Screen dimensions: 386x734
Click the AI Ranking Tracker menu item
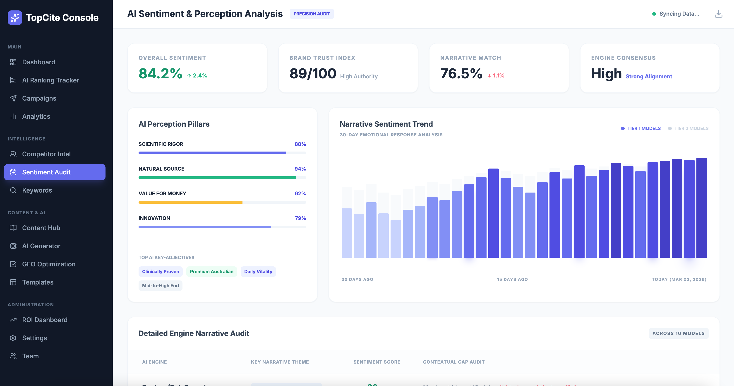[x=50, y=80]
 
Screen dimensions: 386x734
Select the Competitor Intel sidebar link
[x=46, y=154]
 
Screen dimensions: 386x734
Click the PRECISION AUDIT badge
[x=312, y=14]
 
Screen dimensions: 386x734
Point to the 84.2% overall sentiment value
[x=160, y=74]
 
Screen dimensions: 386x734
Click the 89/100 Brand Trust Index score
[x=313, y=74]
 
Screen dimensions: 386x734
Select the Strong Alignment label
[x=648, y=76]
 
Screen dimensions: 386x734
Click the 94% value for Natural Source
[x=300, y=169]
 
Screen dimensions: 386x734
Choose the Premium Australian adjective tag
[x=211, y=271]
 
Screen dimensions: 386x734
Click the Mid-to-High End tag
[x=160, y=286]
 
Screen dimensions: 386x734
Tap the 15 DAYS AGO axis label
[x=512, y=279]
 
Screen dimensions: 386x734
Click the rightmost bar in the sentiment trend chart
[x=701, y=208]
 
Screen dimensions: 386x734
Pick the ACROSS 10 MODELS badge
[x=678, y=333]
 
